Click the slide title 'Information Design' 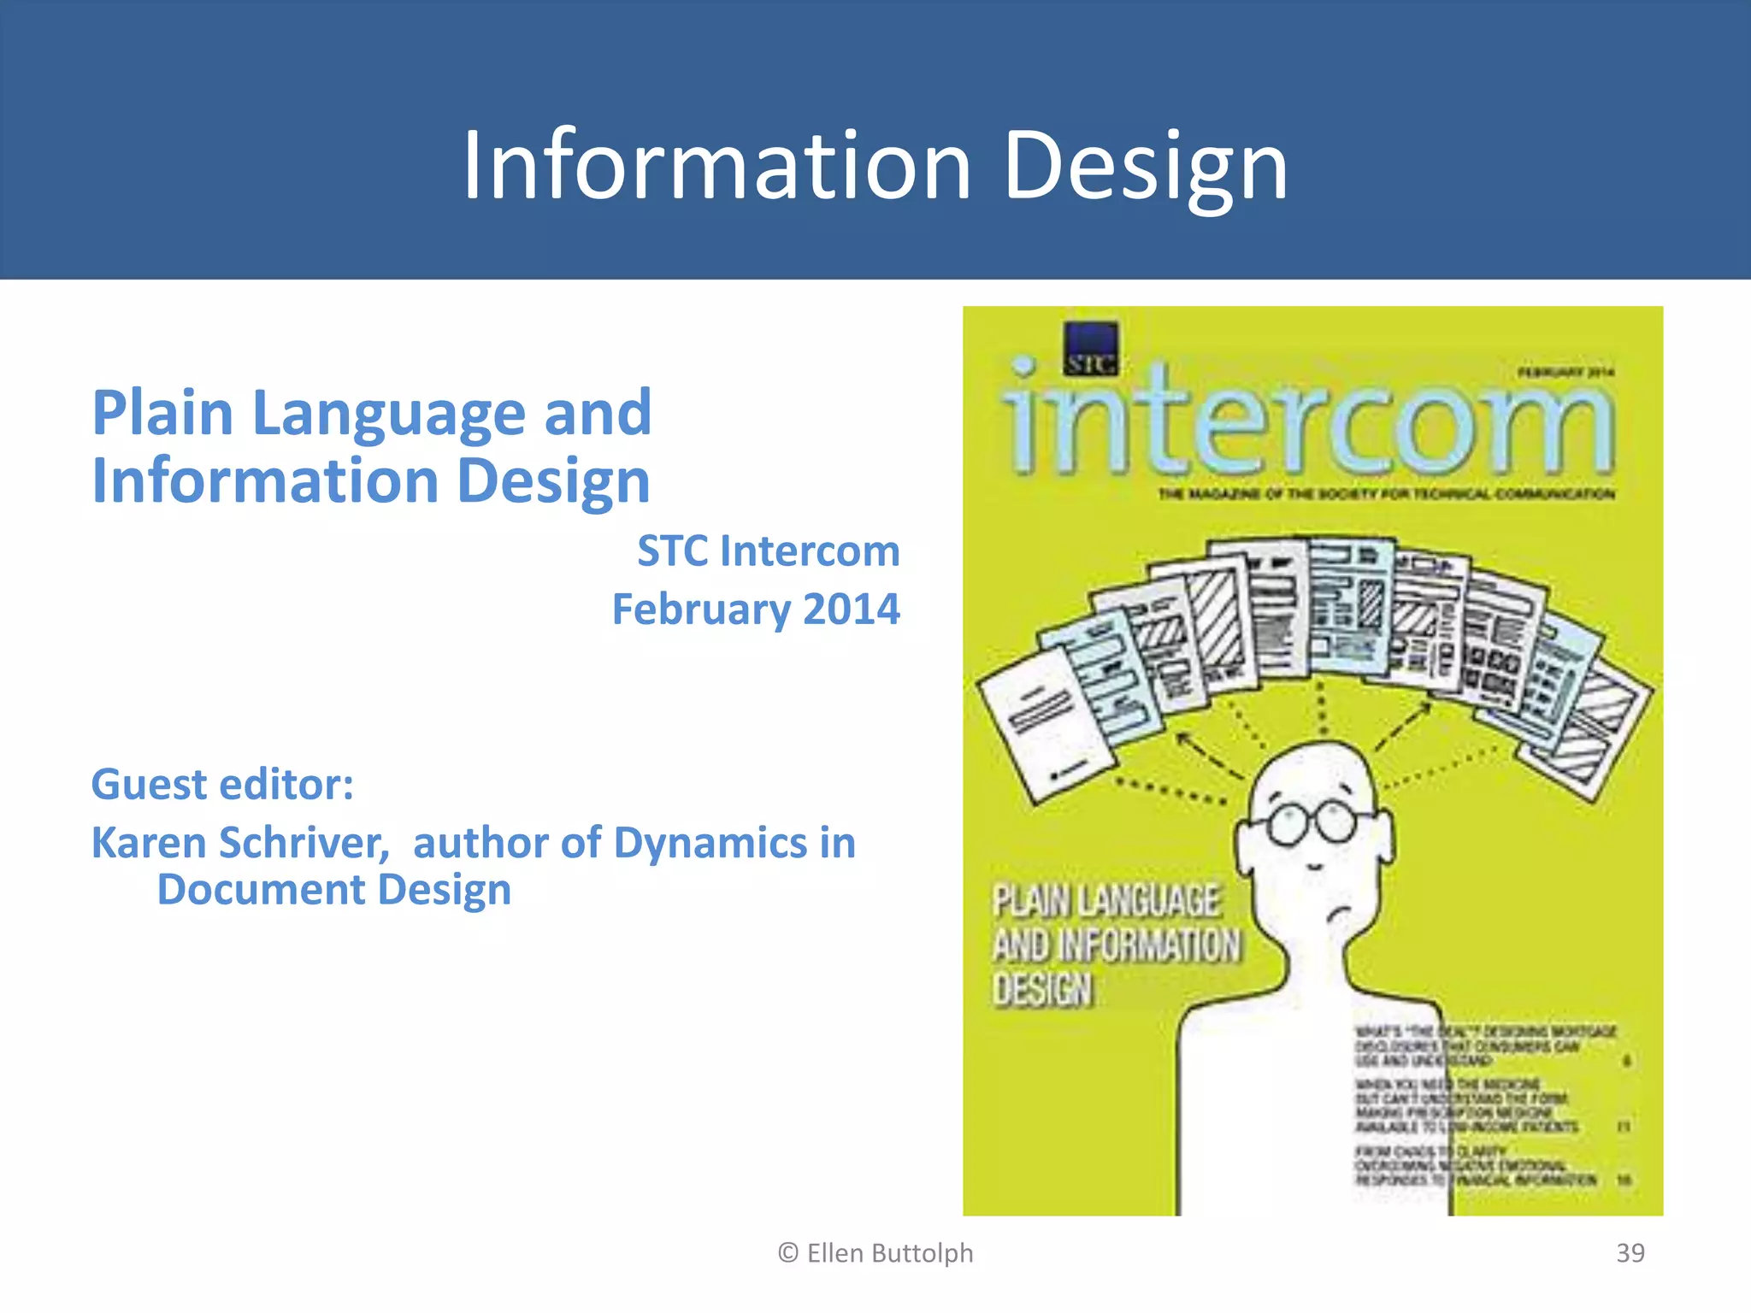pyautogui.click(x=875, y=165)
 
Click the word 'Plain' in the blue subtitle pyautogui.click(x=162, y=413)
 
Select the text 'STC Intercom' pyautogui.click(x=768, y=551)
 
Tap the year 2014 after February pyautogui.click(x=851, y=609)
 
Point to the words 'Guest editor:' pyautogui.click(x=222, y=784)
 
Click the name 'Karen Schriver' pyautogui.click(x=239, y=843)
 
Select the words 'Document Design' pyautogui.click(x=334, y=890)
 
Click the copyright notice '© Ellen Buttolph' pyautogui.click(x=875, y=1252)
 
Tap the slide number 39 pyautogui.click(x=1630, y=1252)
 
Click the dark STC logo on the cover pyautogui.click(x=1090, y=349)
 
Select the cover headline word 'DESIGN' pyautogui.click(x=1043, y=990)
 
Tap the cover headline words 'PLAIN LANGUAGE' pyautogui.click(x=1105, y=899)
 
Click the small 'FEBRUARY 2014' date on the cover pyautogui.click(x=1565, y=372)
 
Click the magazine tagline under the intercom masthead pyautogui.click(x=1385, y=494)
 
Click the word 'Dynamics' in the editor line pyautogui.click(x=710, y=843)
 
